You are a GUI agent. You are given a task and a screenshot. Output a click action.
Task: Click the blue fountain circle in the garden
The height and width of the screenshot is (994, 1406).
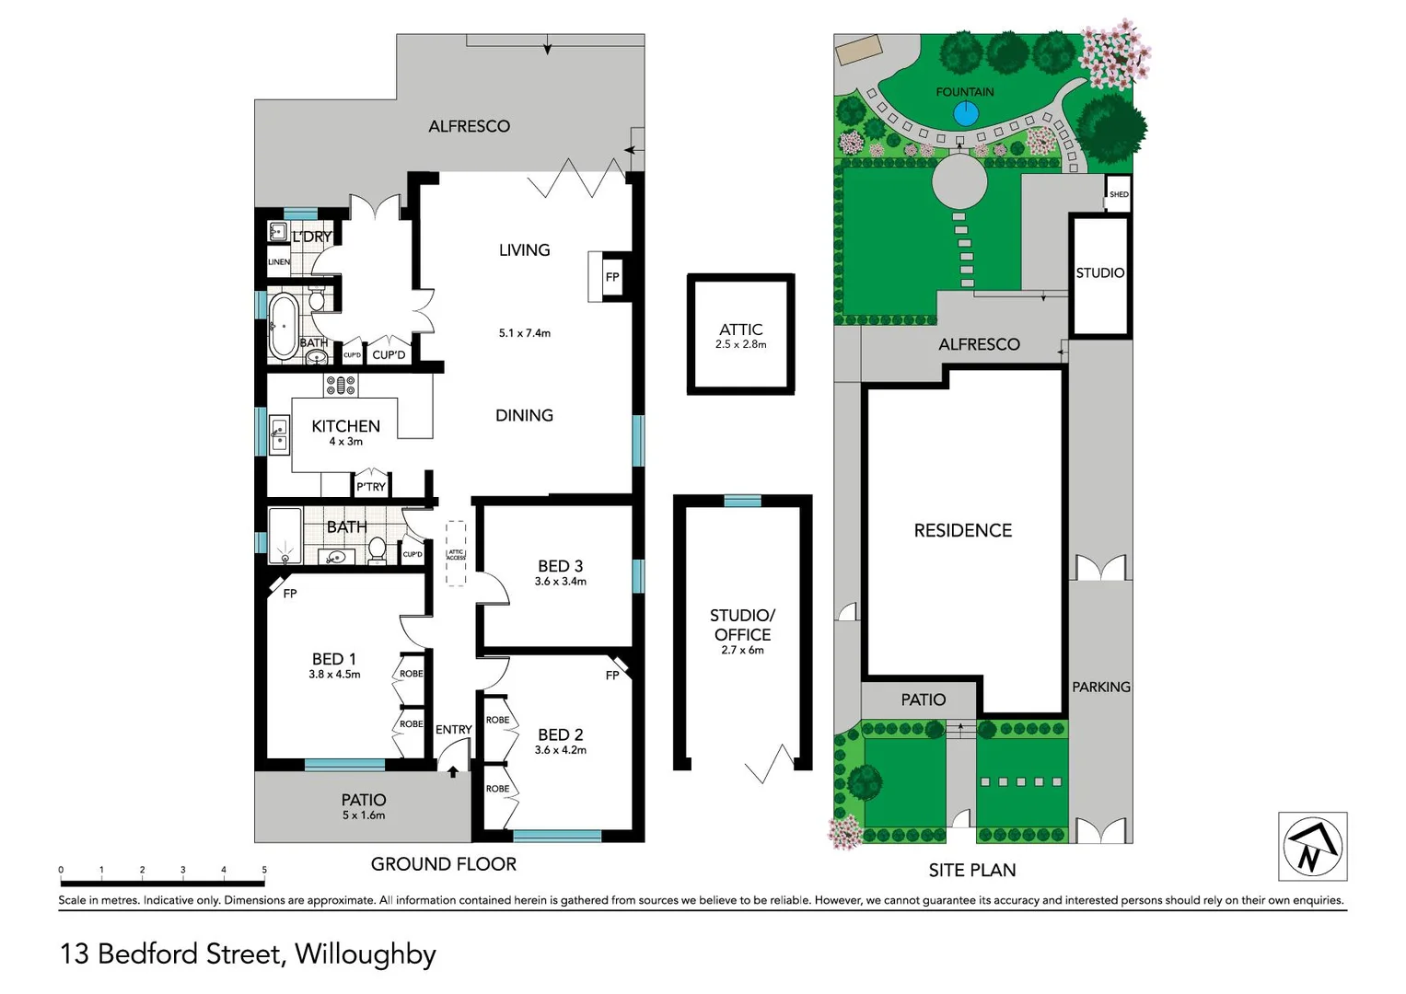(965, 114)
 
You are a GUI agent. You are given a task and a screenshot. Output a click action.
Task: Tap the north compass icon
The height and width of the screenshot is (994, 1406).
(1312, 847)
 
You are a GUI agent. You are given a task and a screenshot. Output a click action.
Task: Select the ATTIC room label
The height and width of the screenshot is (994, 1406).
(740, 329)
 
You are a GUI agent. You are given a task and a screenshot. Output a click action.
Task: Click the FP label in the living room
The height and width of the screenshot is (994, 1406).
(612, 277)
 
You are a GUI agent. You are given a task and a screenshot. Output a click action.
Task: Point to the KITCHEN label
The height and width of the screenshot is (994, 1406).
(345, 426)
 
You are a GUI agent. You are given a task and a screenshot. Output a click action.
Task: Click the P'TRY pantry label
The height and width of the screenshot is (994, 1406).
(371, 487)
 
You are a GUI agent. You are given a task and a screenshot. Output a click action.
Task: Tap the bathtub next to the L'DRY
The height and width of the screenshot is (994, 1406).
(283, 324)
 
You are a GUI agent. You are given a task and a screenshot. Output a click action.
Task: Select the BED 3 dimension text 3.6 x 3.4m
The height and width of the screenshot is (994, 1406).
(560, 582)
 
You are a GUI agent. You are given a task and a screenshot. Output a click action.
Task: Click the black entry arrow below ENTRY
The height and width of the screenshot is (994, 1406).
(453, 772)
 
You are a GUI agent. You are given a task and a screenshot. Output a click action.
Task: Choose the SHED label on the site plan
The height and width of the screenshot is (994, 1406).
(1119, 194)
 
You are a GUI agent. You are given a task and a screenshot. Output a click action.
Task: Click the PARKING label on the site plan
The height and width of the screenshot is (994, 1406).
(1100, 687)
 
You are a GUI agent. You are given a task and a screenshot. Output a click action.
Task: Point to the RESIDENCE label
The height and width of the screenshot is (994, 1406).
(962, 530)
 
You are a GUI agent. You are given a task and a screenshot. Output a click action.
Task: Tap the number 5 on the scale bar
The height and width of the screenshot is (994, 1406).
(264, 870)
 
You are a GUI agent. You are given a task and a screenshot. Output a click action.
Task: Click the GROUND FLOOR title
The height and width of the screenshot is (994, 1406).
(443, 864)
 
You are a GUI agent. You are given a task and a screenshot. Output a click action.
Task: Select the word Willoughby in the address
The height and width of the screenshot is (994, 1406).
(365, 954)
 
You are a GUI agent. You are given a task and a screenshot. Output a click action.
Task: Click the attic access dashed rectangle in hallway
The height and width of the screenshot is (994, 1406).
(456, 553)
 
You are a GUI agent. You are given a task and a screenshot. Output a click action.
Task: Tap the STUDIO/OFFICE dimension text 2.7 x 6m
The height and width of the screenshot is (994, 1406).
(742, 651)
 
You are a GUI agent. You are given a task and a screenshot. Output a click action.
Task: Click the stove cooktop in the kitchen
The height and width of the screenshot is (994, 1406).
(340, 385)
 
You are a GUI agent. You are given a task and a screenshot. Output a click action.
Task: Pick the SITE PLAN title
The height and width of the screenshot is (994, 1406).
(971, 870)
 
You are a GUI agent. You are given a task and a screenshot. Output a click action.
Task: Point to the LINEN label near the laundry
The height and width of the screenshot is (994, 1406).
(279, 262)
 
